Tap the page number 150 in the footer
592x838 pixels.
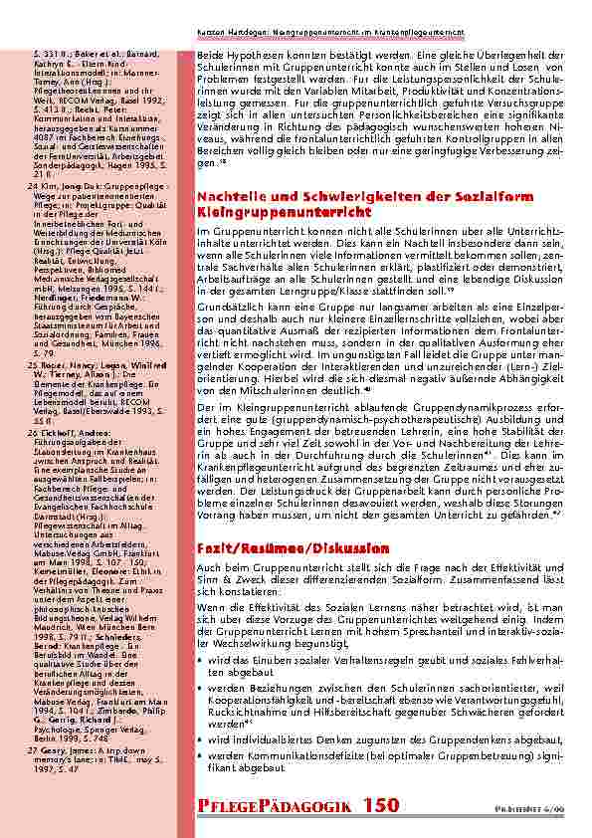[x=378, y=804]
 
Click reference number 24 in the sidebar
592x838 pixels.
[x=30, y=156]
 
